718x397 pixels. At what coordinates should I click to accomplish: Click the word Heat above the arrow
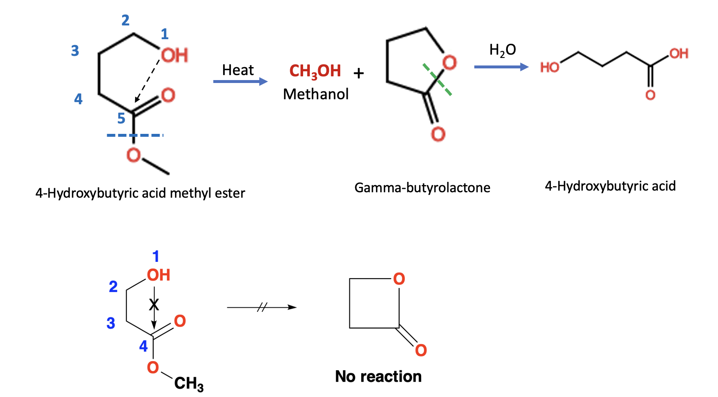click(238, 70)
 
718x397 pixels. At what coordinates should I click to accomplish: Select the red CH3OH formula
click(315, 71)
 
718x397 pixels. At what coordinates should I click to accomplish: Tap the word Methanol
click(316, 94)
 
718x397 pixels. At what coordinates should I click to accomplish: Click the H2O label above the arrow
click(502, 50)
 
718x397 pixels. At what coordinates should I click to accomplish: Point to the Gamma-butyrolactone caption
click(422, 188)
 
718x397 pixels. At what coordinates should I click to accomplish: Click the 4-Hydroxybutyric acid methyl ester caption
click(140, 193)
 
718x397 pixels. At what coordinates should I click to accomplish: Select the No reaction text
click(378, 376)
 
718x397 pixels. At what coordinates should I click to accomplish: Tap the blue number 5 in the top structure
click(121, 118)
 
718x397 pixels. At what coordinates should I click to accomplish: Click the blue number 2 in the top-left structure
click(126, 20)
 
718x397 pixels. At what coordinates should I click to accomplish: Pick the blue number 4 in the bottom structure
click(143, 346)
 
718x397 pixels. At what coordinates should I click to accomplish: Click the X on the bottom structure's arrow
click(154, 305)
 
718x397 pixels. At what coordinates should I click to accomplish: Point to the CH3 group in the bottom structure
click(189, 383)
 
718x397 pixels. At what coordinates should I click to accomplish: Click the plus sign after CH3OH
click(359, 73)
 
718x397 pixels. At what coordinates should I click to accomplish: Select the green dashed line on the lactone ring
click(437, 79)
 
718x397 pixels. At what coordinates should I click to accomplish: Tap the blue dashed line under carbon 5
click(134, 135)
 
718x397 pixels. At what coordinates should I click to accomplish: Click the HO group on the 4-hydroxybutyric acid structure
click(550, 67)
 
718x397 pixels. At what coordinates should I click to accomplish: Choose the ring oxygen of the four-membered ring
click(399, 279)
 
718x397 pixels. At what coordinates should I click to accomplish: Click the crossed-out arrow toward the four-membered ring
click(262, 308)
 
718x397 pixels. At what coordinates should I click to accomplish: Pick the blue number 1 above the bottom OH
click(156, 256)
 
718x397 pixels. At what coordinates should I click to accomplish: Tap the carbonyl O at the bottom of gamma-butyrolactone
click(438, 134)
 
